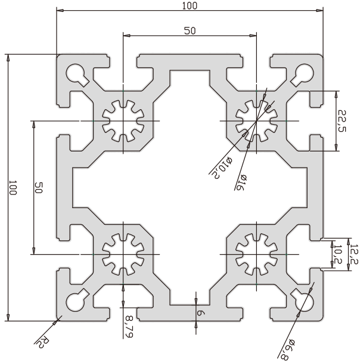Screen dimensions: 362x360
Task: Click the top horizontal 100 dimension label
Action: (190, 5)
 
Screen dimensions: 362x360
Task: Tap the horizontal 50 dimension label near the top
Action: (190, 31)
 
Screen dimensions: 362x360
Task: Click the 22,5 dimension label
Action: (342, 121)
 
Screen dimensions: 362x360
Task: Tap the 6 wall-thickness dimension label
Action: (201, 313)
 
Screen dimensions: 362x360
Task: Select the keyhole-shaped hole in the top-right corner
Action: (303, 73)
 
